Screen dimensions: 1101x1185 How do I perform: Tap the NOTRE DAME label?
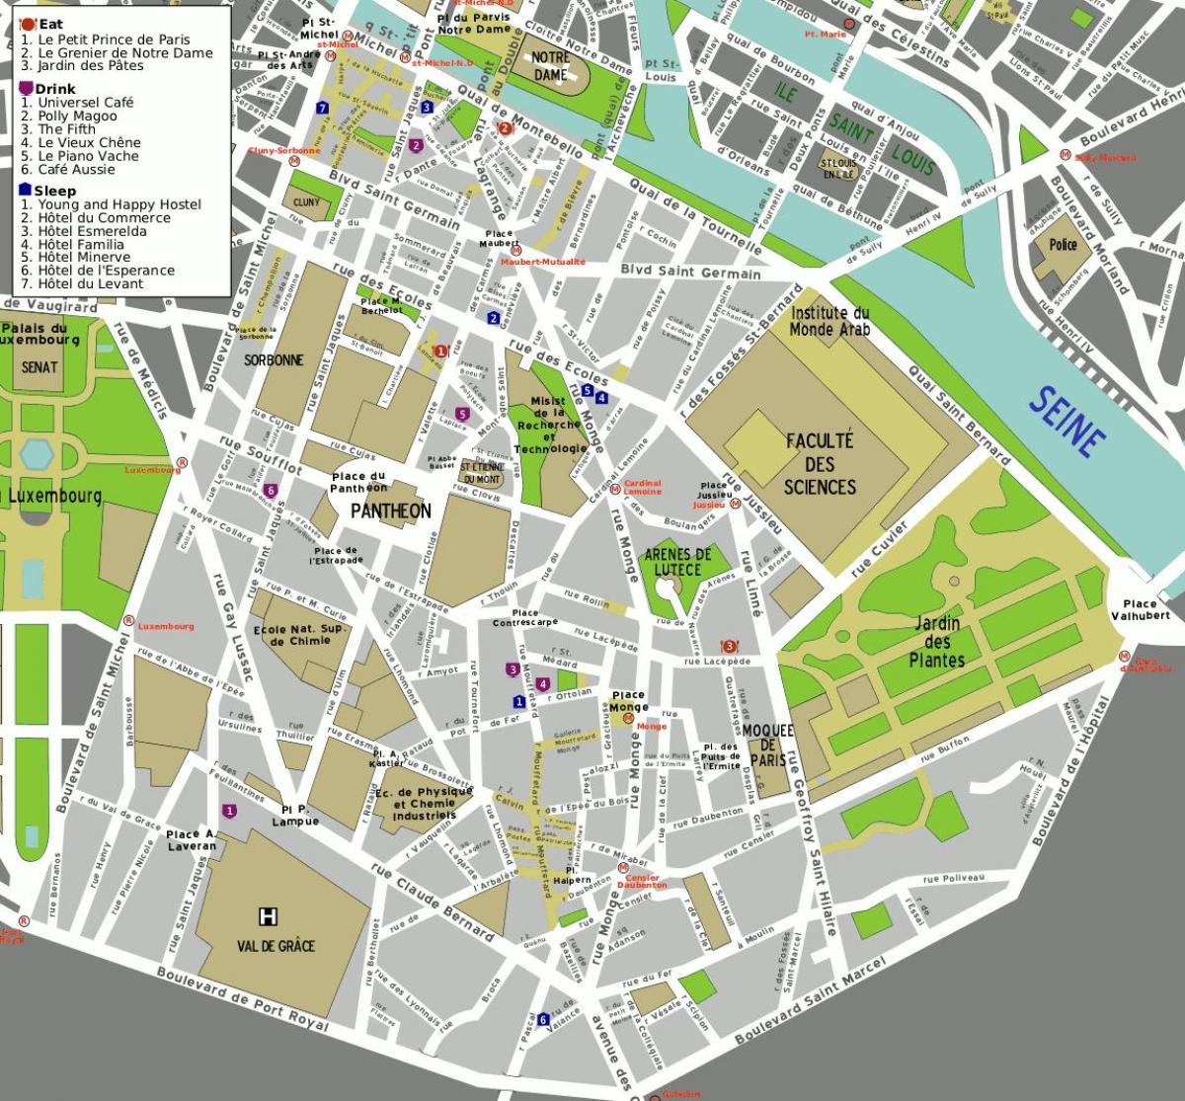pos(550,66)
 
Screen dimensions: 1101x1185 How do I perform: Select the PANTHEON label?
pos(391,511)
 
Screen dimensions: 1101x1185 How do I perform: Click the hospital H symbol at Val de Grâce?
pos(267,916)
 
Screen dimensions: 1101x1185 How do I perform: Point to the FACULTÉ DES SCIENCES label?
pos(820,463)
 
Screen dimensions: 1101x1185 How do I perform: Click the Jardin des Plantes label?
pos(936,642)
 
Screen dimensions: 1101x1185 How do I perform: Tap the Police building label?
pos(1063,244)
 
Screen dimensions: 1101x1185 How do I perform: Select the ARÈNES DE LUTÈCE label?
pos(677,562)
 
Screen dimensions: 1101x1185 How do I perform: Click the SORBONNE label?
pos(274,360)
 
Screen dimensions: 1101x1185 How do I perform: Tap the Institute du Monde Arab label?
pos(829,321)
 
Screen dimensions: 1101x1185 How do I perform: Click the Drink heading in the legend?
pos(54,89)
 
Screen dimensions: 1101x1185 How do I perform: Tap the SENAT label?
pos(39,366)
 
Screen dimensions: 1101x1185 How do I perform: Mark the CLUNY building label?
pos(306,202)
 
